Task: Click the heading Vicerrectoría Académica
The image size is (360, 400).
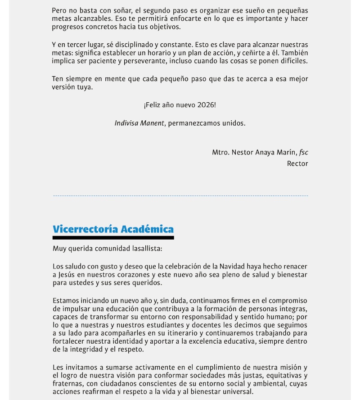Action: (x=113, y=229)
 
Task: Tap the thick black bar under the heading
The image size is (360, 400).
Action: (x=113, y=237)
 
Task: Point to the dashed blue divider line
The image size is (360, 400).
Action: (x=180, y=196)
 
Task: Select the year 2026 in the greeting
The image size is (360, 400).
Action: (x=206, y=105)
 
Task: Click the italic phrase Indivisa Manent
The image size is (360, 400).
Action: (x=139, y=123)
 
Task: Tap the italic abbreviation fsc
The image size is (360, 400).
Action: (x=303, y=152)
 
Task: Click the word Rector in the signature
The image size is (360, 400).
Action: (x=297, y=164)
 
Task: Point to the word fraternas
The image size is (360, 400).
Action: (x=67, y=383)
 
